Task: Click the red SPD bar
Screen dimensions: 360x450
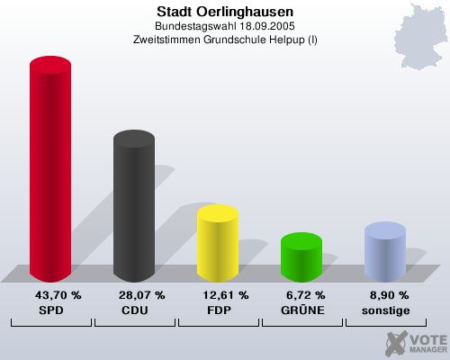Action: (50, 171)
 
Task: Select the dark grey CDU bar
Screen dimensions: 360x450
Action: (133, 207)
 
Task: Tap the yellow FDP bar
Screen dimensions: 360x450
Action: (217, 243)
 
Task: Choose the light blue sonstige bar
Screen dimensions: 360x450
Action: (384, 252)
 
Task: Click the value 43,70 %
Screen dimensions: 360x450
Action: (58, 295)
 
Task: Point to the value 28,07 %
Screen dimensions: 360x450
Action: (141, 295)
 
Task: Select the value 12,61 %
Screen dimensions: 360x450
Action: (225, 295)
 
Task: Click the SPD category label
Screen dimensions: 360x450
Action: (50, 310)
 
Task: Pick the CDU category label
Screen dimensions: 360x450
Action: (134, 310)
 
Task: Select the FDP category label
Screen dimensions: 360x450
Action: (218, 310)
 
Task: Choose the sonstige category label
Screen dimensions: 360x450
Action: (385, 310)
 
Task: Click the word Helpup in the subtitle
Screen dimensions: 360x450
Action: (283, 40)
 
